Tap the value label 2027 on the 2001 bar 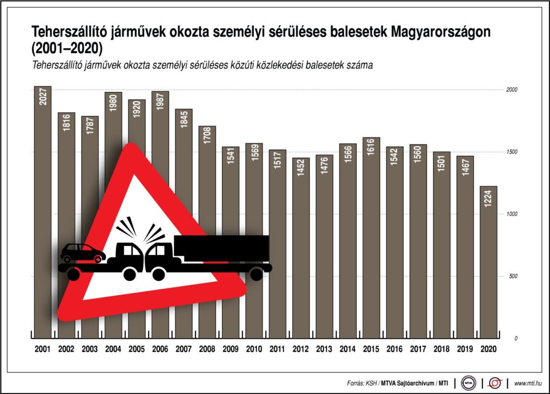(x=43, y=96)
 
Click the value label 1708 (x=207, y=136)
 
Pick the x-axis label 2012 (x=301, y=348)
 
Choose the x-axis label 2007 (x=184, y=348)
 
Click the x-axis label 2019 (x=465, y=348)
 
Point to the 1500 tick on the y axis (x=511, y=152)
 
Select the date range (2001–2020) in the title (x=67, y=48)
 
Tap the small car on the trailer (x=83, y=253)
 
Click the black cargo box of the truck (x=221, y=247)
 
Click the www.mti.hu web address (x=527, y=383)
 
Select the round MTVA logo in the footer (x=469, y=383)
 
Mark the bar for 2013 (x=324, y=247)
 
